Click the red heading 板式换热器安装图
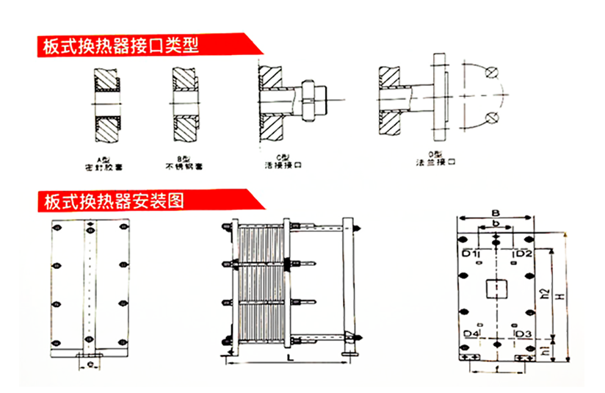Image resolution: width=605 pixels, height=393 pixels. pyautogui.click(x=114, y=201)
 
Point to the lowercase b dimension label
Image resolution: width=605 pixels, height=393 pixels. pyautogui.click(x=496, y=224)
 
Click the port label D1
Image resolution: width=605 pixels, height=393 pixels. pyautogui.click(x=471, y=253)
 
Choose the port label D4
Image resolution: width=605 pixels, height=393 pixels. pyautogui.click(x=471, y=334)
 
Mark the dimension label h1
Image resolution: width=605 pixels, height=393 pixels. pyautogui.click(x=544, y=348)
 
